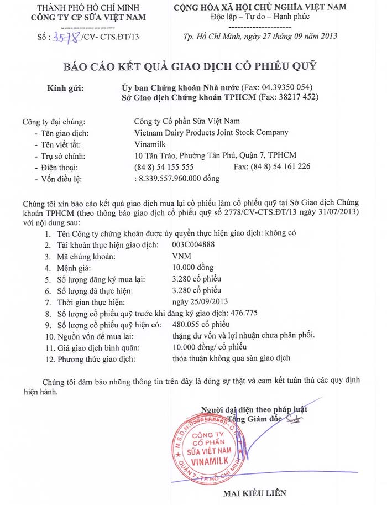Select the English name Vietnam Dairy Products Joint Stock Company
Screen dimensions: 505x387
pyautogui.click(x=211, y=132)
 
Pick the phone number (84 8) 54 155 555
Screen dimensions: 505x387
pyautogui.click(x=164, y=166)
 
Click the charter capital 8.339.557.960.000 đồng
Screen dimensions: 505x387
pyautogui.click(x=177, y=178)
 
